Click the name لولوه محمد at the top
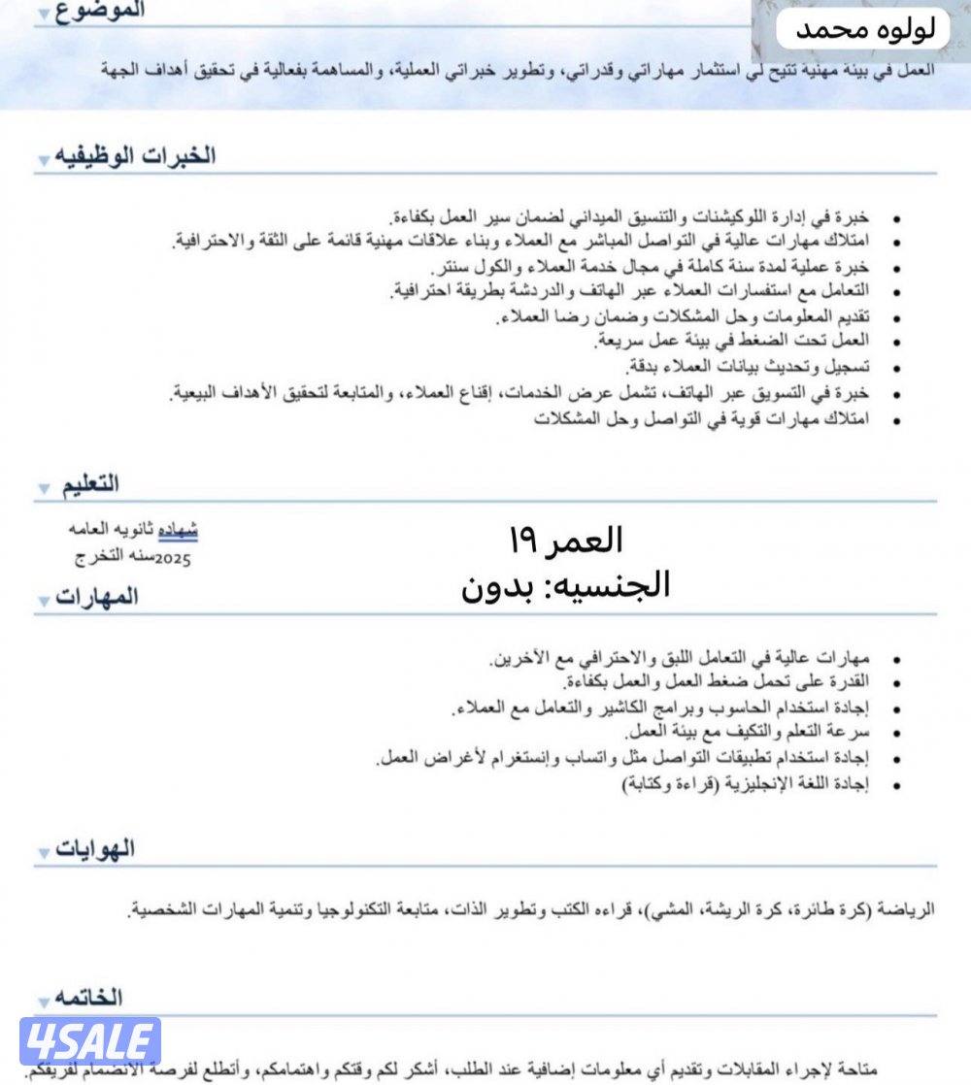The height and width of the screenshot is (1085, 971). coord(866,30)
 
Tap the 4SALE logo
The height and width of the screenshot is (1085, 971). coord(89,1042)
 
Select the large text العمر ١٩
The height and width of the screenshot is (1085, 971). coord(565,540)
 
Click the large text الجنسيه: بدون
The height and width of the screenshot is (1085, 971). coord(565,584)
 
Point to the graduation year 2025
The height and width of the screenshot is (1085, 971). coord(173,559)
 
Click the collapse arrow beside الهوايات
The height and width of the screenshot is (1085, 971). coord(45,853)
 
